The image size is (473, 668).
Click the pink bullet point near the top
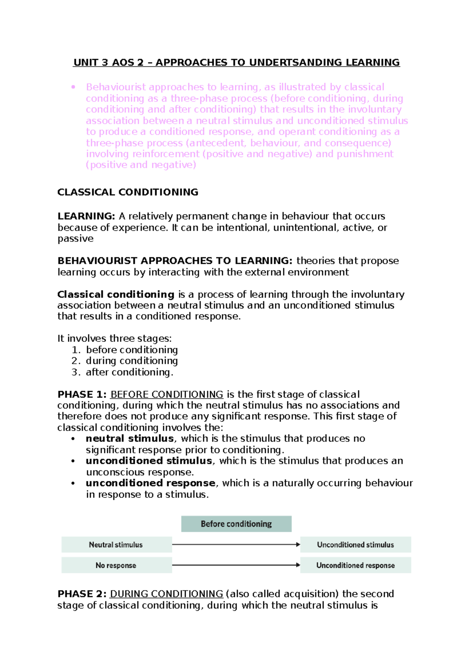coord(73,87)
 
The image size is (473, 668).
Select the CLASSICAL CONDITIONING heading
coord(128,192)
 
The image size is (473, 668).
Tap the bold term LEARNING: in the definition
coord(86,216)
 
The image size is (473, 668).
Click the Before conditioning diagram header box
coord(236,524)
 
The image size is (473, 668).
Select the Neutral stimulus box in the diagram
coord(116,545)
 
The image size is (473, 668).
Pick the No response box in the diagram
coord(116,565)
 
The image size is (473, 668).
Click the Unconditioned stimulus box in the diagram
coord(355,545)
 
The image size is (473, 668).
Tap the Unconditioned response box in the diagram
coord(355,565)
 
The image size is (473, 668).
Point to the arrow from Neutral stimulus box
coord(236,544)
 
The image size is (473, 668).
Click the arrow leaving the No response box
coord(236,565)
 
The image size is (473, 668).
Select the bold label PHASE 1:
coord(82,394)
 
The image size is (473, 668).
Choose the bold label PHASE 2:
coord(82,594)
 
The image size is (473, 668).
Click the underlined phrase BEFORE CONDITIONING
coord(167,394)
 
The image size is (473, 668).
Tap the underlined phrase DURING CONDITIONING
coord(166,594)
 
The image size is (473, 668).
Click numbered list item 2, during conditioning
coord(131,361)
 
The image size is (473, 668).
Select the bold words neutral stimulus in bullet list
coord(130,438)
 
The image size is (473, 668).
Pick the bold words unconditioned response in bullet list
coord(151,483)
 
